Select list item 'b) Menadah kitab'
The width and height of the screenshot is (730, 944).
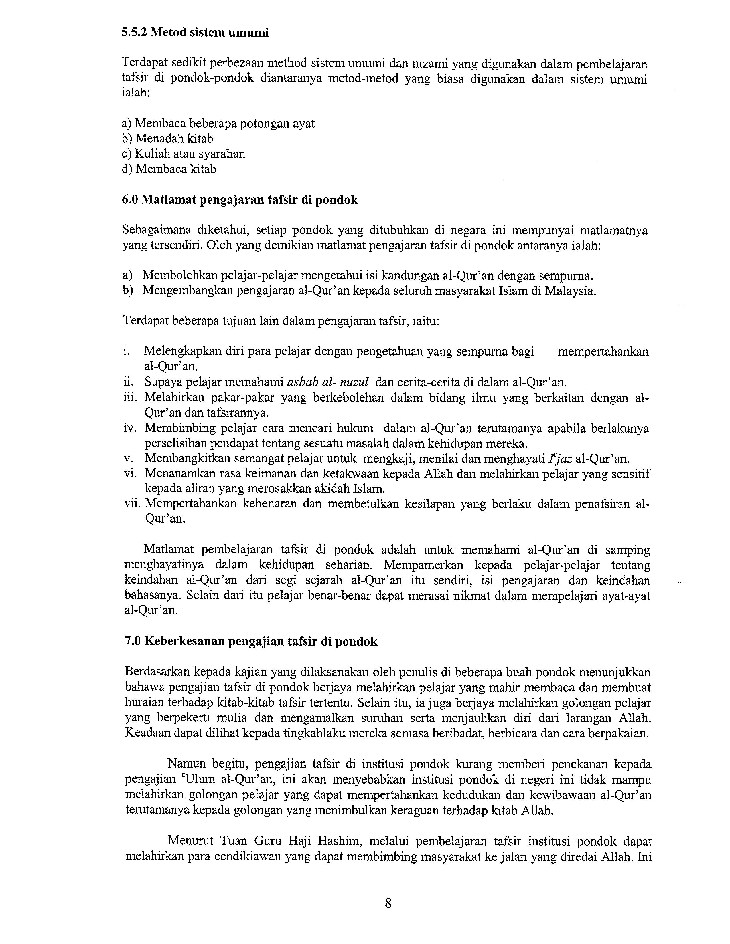pos(167,139)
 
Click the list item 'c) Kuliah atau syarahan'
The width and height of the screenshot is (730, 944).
pos(184,154)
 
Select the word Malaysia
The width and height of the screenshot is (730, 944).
pos(570,291)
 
